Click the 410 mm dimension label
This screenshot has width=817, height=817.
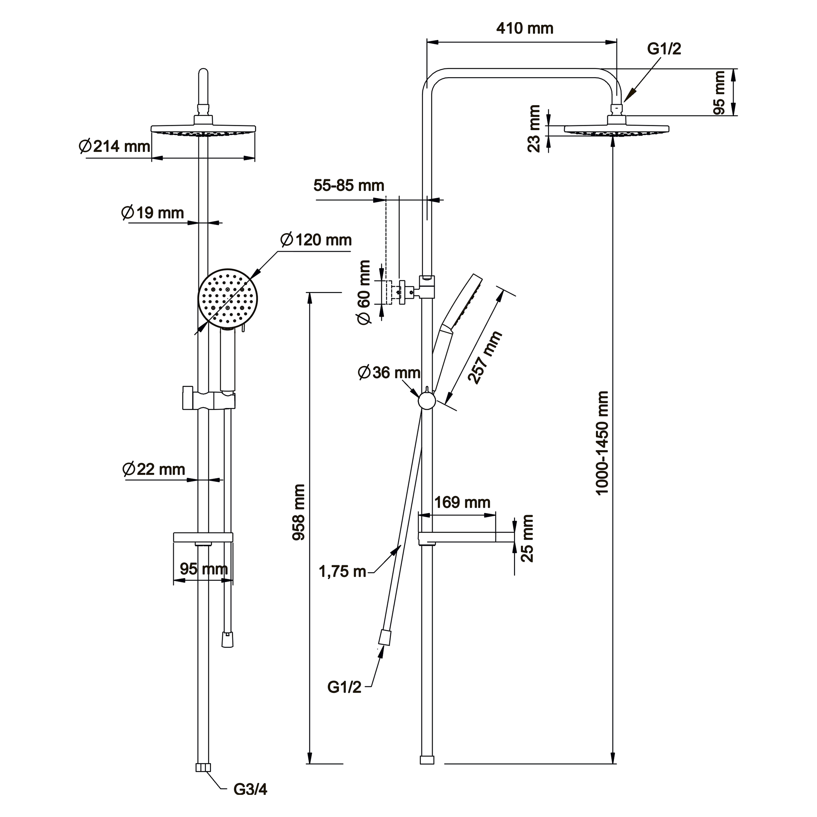point(524,28)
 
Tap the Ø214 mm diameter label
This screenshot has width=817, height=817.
point(114,147)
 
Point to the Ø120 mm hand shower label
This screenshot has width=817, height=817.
point(316,240)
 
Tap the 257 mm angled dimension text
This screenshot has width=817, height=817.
point(485,358)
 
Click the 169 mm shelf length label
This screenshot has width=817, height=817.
point(462,502)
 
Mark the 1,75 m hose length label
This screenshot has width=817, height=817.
point(342,572)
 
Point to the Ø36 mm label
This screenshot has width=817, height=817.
point(389,373)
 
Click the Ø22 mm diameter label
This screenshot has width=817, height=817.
point(154,469)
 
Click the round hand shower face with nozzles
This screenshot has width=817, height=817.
point(228,298)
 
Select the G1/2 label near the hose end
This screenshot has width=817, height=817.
point(344,687)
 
